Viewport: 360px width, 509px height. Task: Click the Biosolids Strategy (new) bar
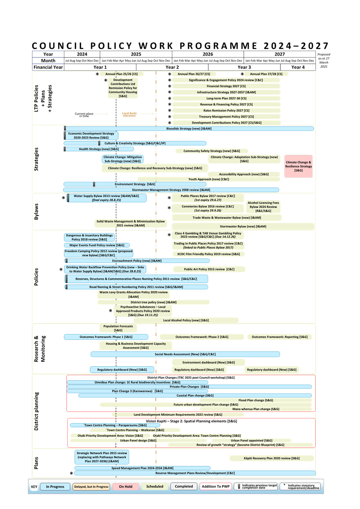point(189,129)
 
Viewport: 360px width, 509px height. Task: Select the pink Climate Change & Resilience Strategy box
point(299,166)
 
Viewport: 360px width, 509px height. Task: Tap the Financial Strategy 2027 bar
point(226,86)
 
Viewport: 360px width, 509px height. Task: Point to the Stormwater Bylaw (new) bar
point(243,226)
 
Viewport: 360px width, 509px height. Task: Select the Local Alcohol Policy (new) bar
point(186,320)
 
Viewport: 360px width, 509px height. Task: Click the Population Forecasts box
point(118,328)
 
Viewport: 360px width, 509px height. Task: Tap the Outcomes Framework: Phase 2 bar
point(202,337)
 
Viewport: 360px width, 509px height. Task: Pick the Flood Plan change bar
point(256,400)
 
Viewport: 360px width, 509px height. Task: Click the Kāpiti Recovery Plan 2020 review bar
point(272,458)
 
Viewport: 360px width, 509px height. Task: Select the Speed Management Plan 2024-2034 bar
point(142,468)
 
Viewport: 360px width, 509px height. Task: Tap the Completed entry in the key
point(184,486)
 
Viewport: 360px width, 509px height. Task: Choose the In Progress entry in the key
point(55,487)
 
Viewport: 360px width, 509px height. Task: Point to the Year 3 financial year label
point(244,67)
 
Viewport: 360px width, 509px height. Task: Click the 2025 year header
point(136,54)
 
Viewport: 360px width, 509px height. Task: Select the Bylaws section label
point(36,212)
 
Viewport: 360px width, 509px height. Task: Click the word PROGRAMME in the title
point(218,46)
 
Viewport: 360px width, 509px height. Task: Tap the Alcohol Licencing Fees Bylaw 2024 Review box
point(263,207)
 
